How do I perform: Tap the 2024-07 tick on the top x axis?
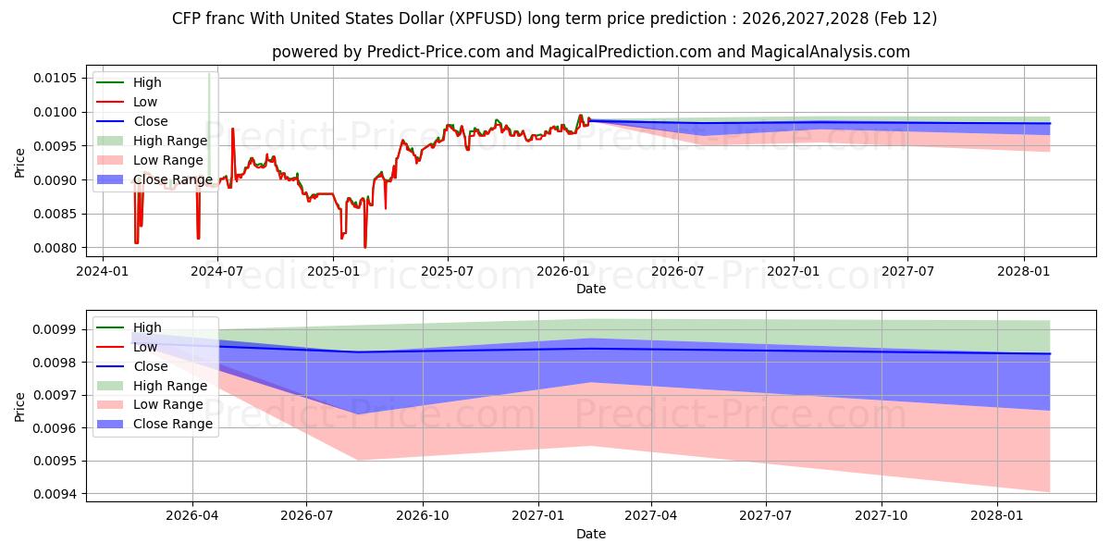click(217, 271)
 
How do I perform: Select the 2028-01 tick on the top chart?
click(1024, 271)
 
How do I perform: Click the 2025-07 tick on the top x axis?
click(448, 271)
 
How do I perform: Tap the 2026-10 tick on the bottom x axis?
click(423, 517)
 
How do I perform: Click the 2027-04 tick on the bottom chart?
click(651, 517)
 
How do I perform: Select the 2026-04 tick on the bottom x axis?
click(192, 517)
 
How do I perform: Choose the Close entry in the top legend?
click(150, 121)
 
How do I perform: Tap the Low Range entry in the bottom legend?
click(168, 404)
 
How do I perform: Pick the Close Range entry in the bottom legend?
click(172, 424)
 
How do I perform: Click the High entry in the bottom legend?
click(146, 327)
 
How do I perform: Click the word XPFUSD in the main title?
click(493, 18)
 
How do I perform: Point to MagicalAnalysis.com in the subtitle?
click(830, 53)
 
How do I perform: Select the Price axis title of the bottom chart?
click(20, 406)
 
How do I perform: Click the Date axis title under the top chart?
click(591, 289)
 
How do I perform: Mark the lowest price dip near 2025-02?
click(364, 247)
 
